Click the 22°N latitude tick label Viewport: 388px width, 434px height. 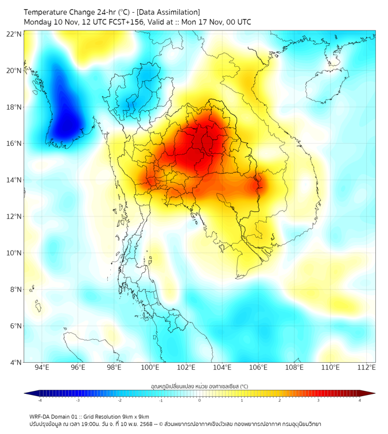tap(14, 34)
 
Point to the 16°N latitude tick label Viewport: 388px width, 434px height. tap(14, 144)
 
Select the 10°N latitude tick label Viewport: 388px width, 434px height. tap(14, 253)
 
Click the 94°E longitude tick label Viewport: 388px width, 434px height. tap(42, 367)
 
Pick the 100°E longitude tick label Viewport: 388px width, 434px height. tap(150, 367)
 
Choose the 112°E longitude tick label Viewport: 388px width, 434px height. tap(366, 367)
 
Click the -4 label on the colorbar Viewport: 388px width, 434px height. tap(40, 401)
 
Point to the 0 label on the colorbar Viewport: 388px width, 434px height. tap(200, 401)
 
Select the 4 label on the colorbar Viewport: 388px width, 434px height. tap(359, 401)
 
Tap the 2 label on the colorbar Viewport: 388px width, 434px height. tap(280, 401)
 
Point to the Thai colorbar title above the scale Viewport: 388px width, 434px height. tap(199, 386)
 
